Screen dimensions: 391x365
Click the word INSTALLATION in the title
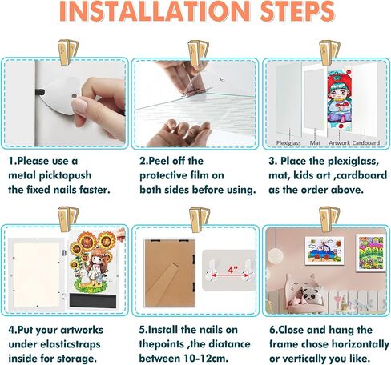[x=155, y=11]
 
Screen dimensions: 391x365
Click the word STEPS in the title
[x=297, y=11]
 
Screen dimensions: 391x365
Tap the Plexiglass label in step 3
[x=288, y=143]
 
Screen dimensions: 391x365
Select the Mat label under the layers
[x=315, y=143]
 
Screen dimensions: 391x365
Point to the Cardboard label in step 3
[x=366, y=143]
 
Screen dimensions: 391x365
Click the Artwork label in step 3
[x=339, y=143]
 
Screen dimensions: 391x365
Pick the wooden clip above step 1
[x=68, y=52]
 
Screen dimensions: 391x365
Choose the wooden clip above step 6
[x=329, y=219]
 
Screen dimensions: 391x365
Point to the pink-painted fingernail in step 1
[x=79, y=106]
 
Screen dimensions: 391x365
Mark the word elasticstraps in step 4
[x=70, y=345]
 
